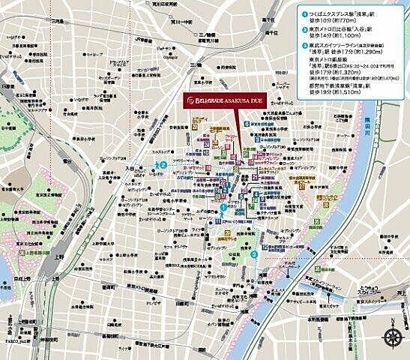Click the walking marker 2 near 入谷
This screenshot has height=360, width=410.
coord(163,166)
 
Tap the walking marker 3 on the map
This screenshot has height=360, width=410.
coord(253,253)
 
